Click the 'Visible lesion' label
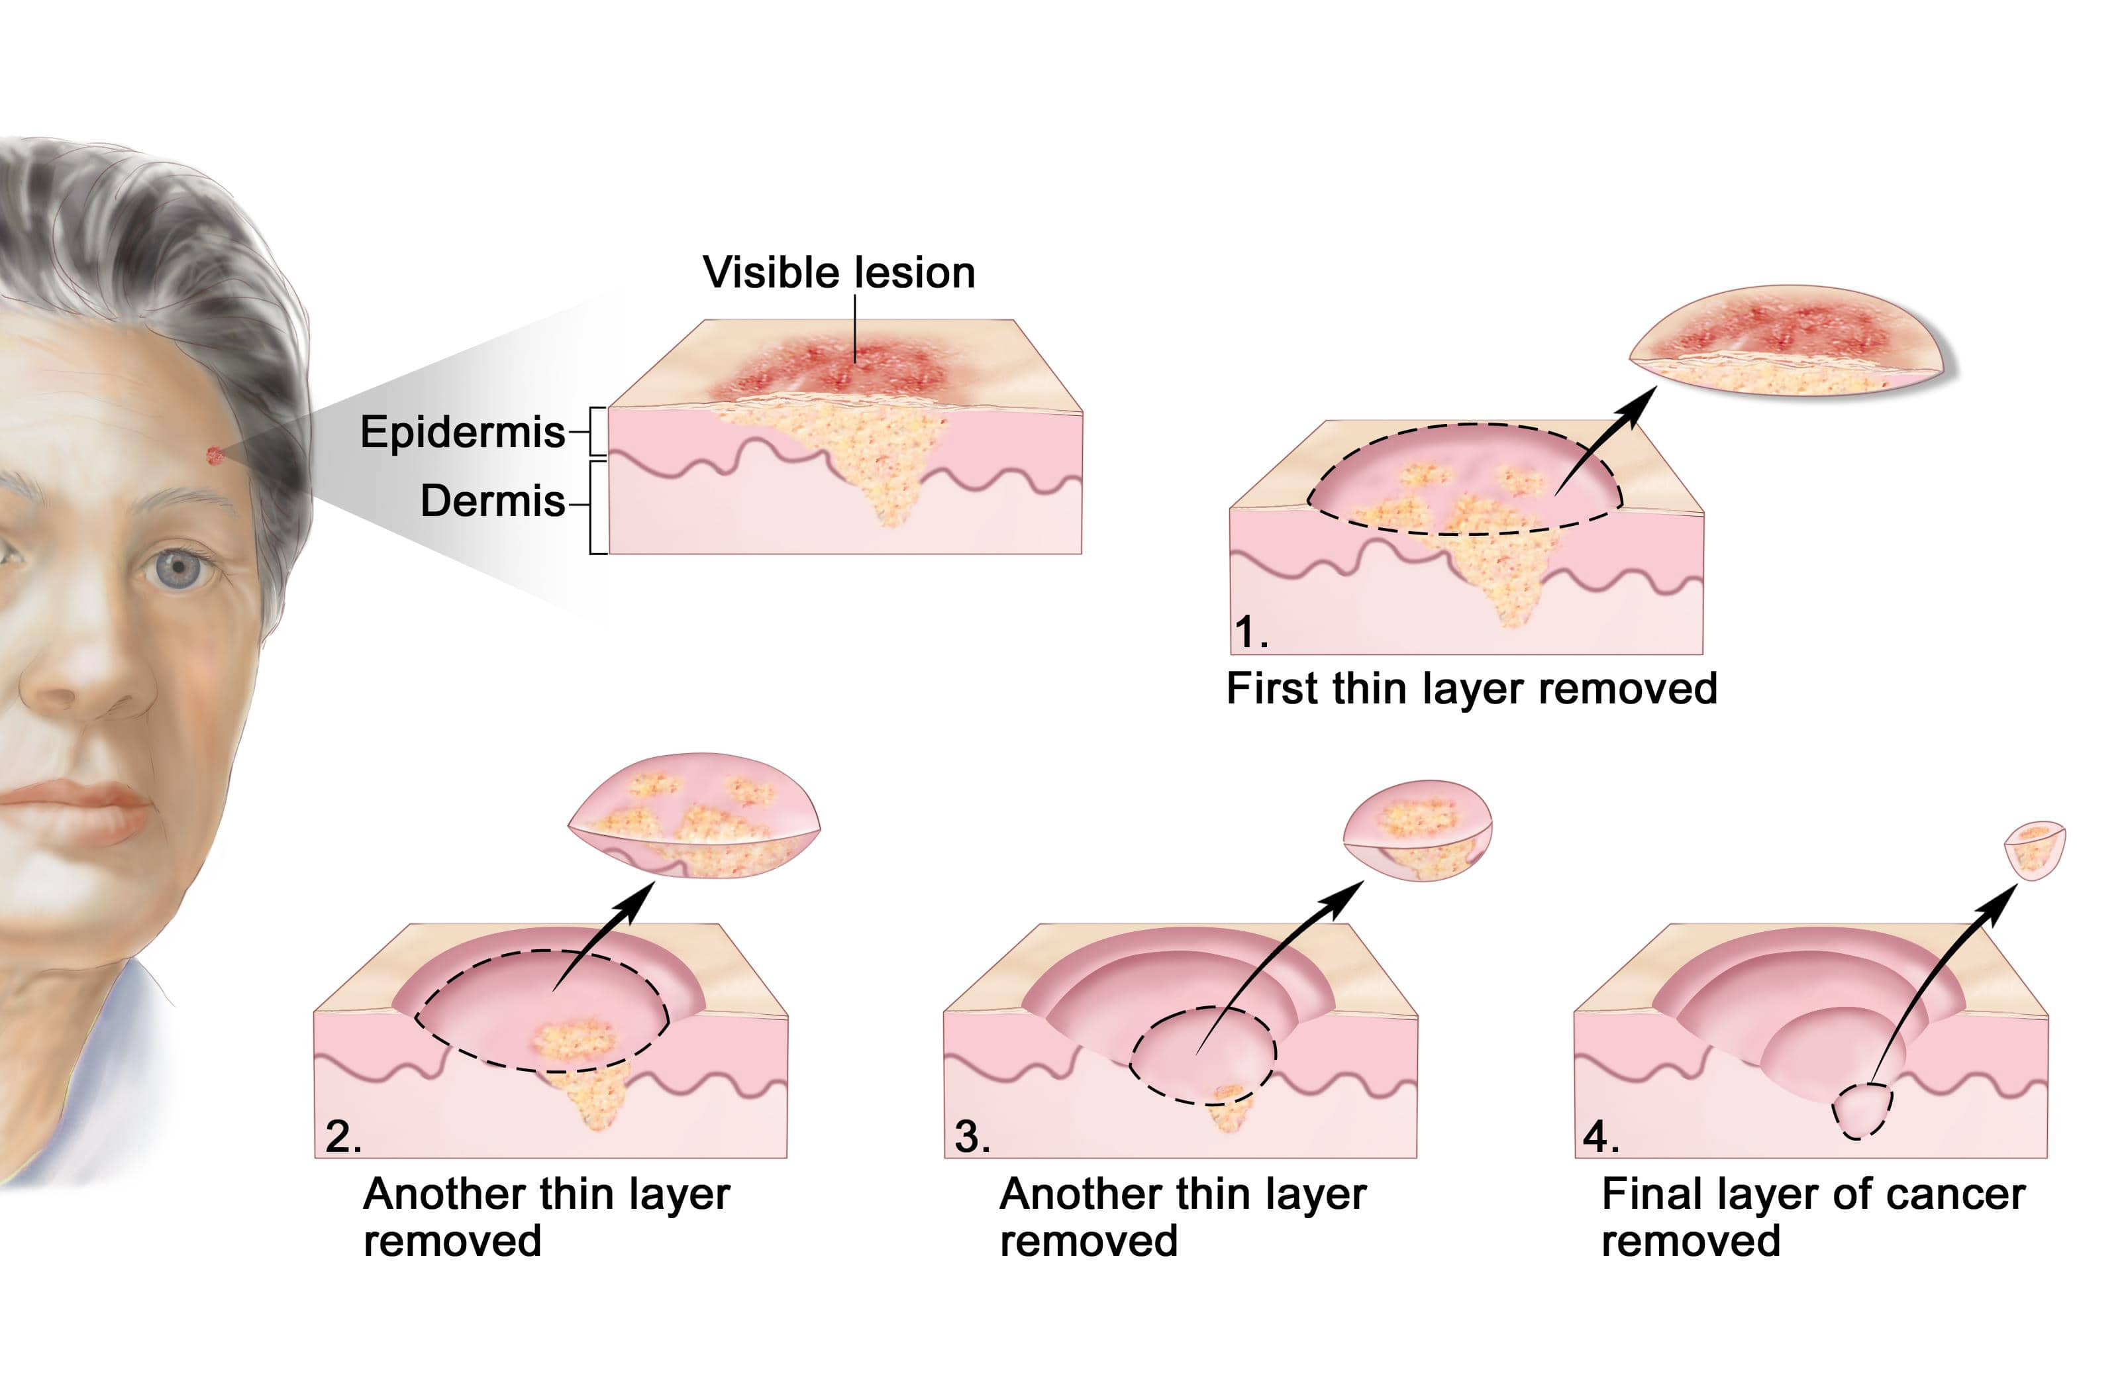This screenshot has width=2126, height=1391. (838, 272)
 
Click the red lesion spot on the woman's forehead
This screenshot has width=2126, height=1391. (215, 456)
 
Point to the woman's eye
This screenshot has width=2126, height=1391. (179, 566)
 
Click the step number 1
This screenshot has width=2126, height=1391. (1250, 633)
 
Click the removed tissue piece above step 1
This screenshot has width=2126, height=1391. (1786, 344)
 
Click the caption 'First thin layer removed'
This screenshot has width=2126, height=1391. (1471, 689)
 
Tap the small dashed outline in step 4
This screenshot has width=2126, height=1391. (1862, 1110)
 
